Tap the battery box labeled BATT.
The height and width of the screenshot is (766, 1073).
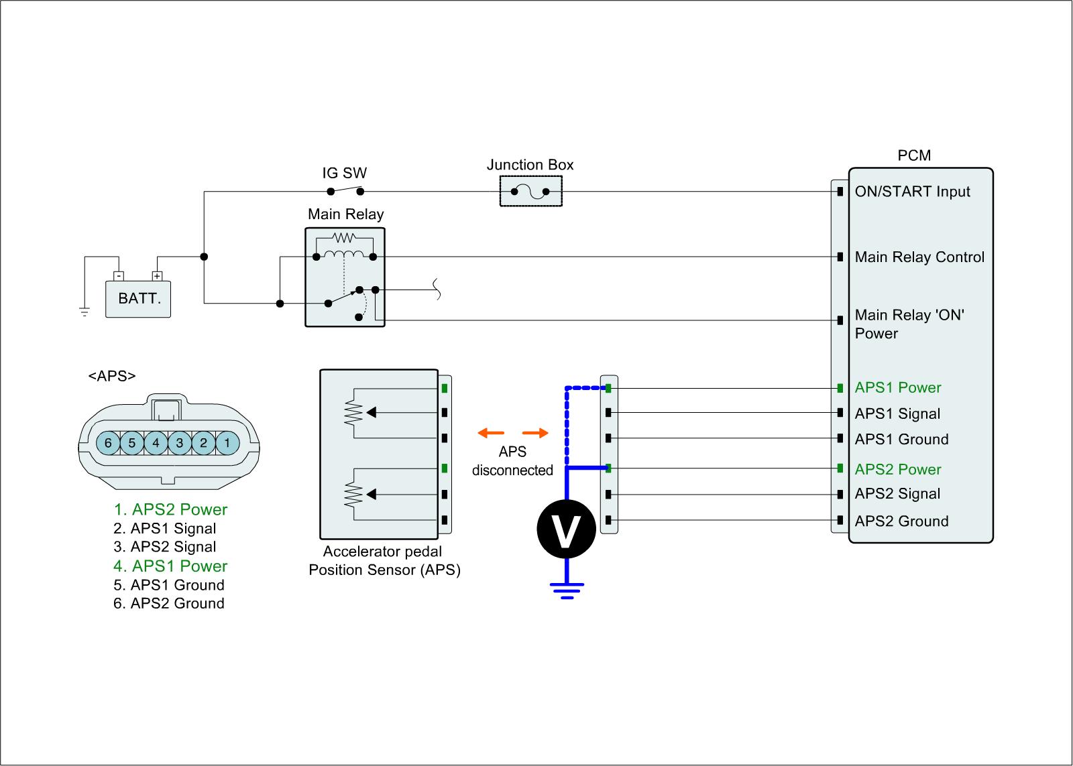(139, 298)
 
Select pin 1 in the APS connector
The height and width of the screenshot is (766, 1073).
(227, 442)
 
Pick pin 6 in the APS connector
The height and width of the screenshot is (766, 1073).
(108, 442)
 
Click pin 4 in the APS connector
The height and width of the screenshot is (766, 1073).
(156, 442)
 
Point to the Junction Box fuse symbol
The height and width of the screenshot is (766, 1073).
(530, 192)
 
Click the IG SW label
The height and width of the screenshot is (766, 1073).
(345, 173)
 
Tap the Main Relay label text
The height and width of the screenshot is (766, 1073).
(345, 214)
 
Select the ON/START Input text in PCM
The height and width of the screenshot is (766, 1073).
(912, 192)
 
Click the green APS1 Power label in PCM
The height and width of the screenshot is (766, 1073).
(897, 388)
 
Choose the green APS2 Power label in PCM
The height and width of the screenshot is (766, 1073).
(897, 469)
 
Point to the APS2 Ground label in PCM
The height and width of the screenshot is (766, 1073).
(901, 521)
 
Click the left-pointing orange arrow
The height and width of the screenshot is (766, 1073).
(490, 433)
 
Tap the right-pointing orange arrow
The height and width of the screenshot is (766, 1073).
(535, 433)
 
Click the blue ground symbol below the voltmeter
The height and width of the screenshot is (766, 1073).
(566, 590)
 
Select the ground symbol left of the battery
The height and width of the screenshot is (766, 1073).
(84, 311)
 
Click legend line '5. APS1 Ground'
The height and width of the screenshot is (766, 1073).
(169, 585)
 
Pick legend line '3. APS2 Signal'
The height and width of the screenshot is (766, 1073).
(165, 547)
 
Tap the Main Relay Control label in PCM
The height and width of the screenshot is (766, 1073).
(919, 257)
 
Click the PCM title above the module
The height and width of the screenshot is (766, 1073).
(914, 155)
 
